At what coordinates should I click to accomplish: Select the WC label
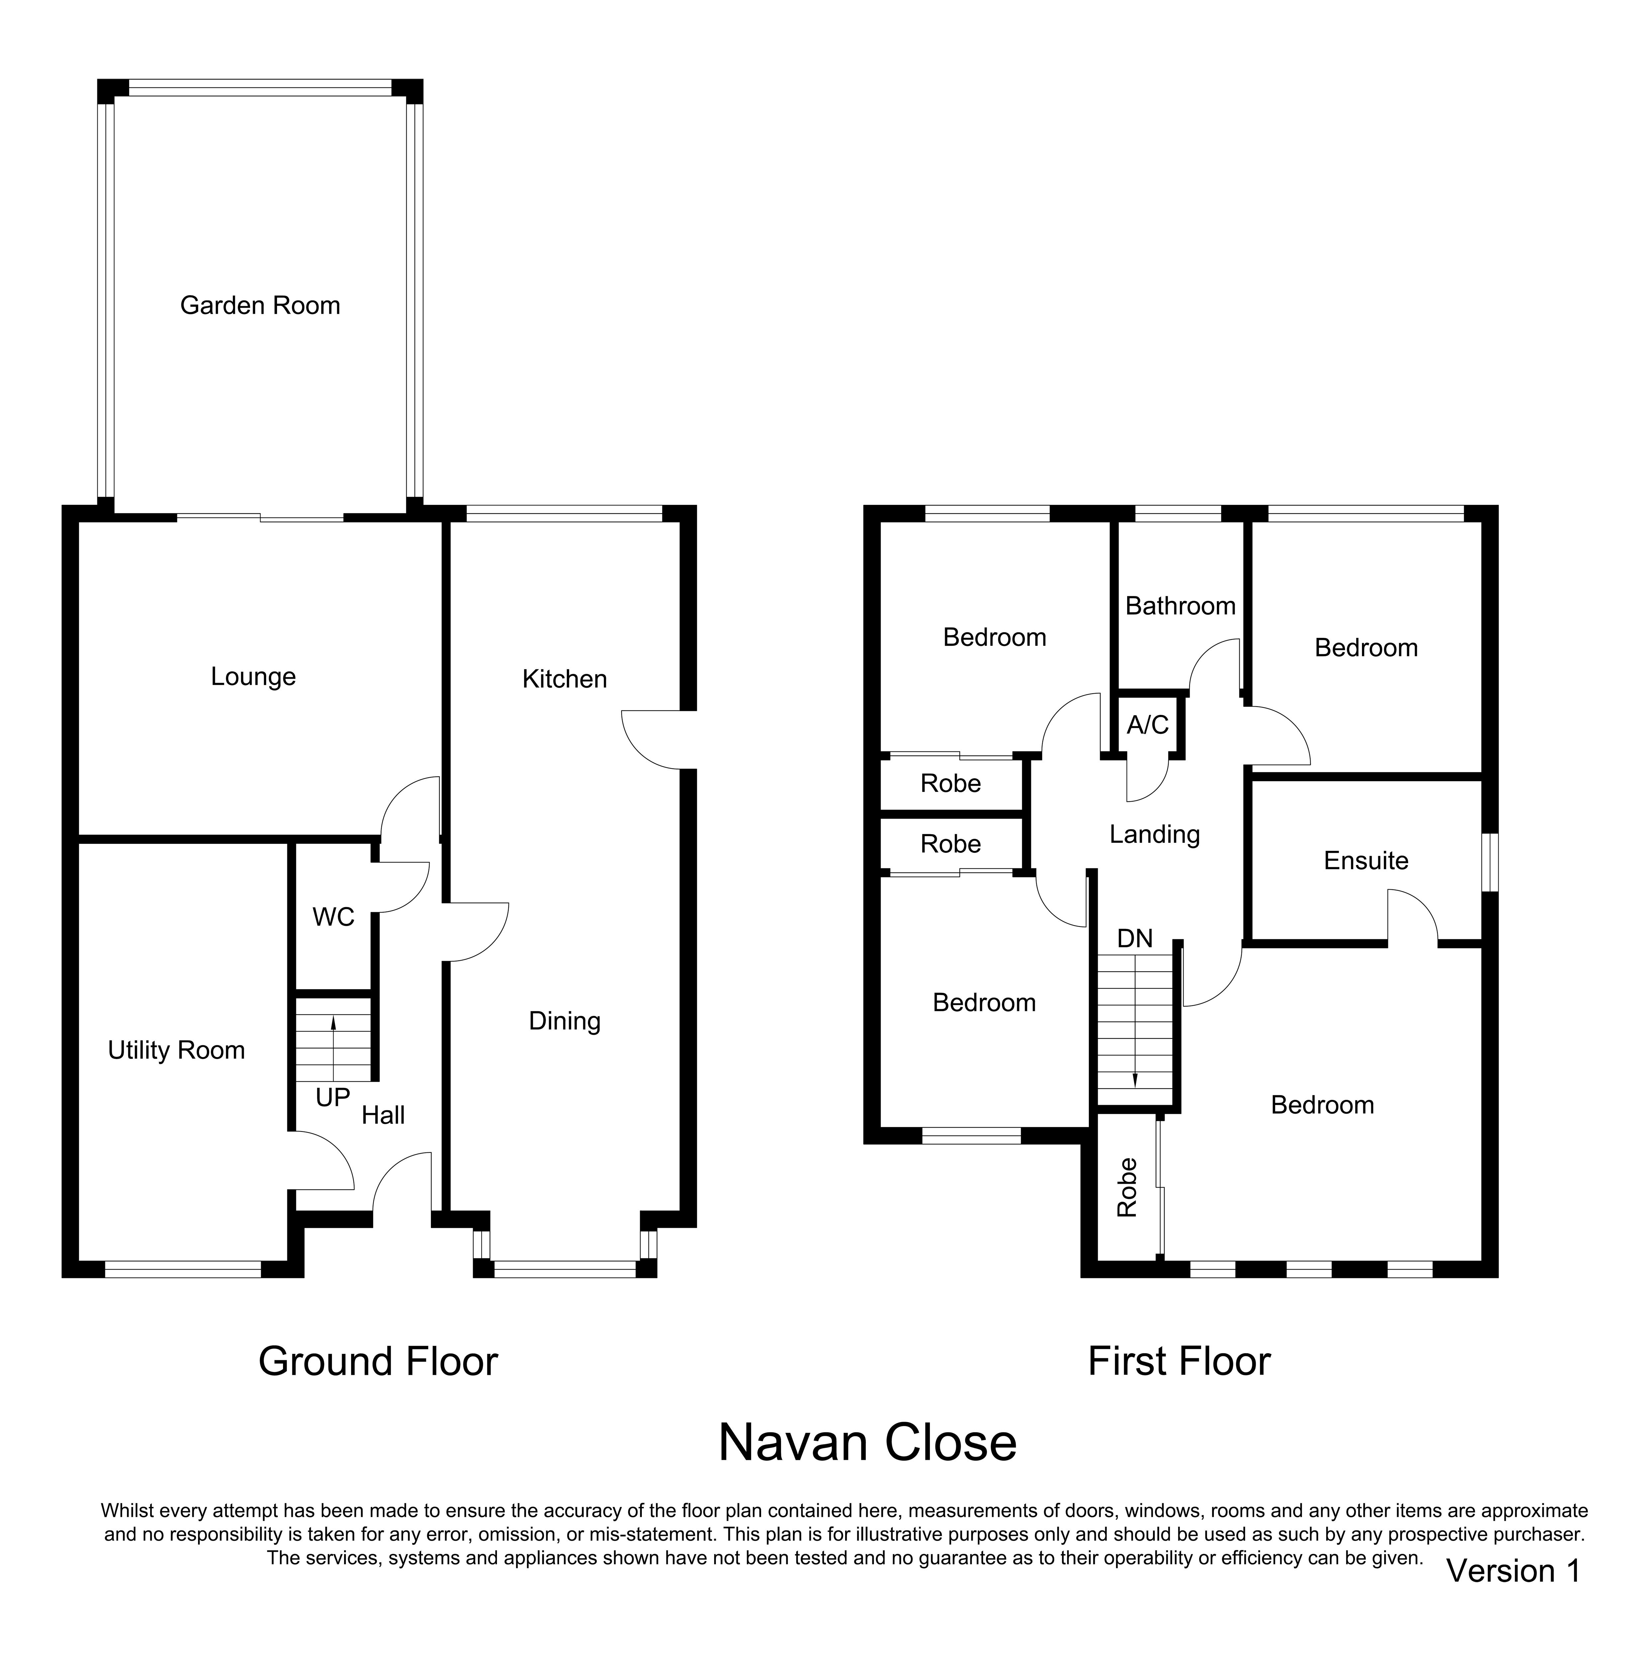click(x=334, y=917)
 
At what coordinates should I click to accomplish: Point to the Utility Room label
click(x=176, y=1051)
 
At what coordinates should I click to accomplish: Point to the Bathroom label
click(x=1180, y=606)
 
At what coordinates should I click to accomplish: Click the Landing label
click(x=1155, y=835)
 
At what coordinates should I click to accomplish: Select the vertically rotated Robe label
click(x=1127, y=1187)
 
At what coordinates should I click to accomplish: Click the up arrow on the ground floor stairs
click(x=334, y=1049)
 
